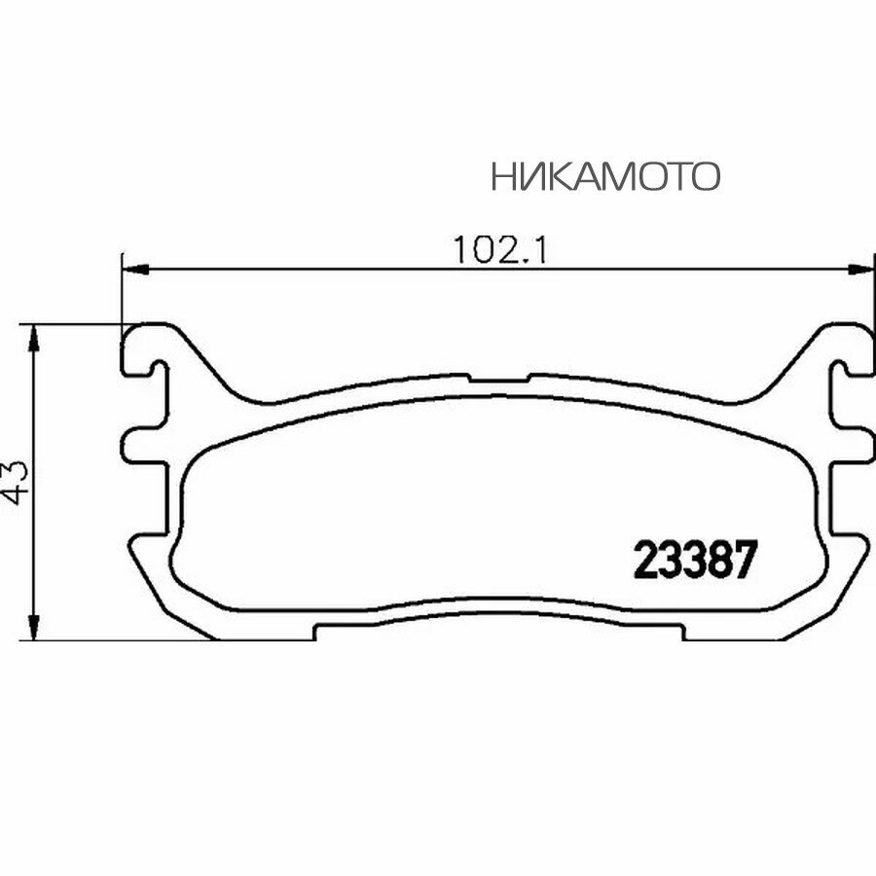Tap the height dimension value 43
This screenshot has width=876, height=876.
[x=19, y=482]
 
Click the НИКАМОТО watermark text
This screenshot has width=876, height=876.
[x=605, y=176]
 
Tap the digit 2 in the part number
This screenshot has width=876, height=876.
[x=646, y=561]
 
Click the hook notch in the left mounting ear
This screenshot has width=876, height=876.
[x=156, y=367]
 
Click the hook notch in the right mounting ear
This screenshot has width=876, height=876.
[x=837, y=367]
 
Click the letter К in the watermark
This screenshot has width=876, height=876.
[x=553, y=176]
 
